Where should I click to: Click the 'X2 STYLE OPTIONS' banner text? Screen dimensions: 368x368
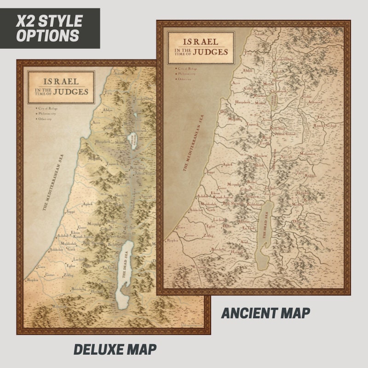pos(49,28)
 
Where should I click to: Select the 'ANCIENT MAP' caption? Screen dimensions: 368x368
pos(265,313)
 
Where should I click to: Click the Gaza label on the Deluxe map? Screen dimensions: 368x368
pos(42,267)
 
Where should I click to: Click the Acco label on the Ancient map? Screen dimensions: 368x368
pos(236,83)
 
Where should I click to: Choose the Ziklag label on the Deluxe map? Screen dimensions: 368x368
pos(69,275)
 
